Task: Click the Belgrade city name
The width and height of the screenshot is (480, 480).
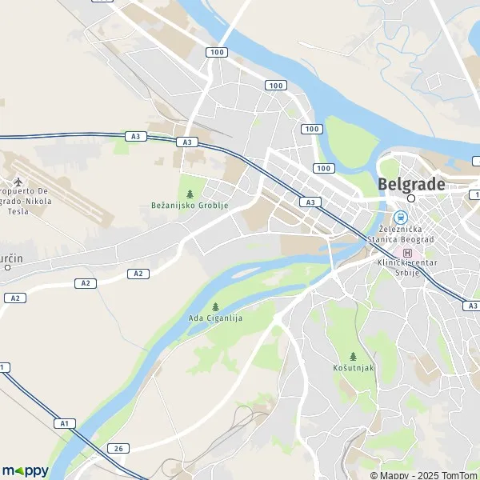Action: coord(410,183)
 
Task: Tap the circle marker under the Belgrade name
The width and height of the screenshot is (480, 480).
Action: coord(411,198)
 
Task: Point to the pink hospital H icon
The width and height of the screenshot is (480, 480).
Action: coord(408,253)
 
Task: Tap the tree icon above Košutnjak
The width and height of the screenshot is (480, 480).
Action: coord(353,356)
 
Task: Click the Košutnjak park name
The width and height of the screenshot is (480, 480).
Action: coord(353,367)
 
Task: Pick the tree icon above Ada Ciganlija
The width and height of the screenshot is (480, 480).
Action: coord(215,306)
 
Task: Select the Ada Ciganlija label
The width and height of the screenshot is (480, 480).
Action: coord(215,318)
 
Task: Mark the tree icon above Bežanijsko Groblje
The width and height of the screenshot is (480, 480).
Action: coord(190,194)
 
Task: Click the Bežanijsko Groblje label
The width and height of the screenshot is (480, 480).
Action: coord(190,206)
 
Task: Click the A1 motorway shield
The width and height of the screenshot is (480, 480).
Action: coord(63,422)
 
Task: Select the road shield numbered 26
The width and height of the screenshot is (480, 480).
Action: coord(117,448)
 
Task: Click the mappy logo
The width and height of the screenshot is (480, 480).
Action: coord(25,470)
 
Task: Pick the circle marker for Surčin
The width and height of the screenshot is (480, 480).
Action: coord(7,267)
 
